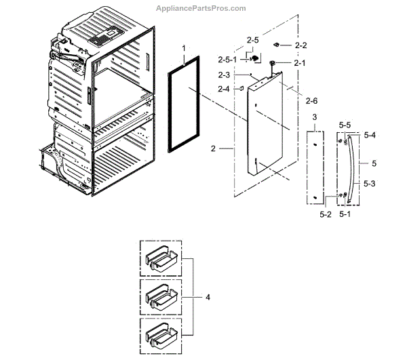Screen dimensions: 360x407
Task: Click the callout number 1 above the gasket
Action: (x=184, y=48)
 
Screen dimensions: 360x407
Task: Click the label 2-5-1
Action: (x=226, y=59)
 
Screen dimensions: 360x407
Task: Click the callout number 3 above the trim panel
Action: (x=314, y=117)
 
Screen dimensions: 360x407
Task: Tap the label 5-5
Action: (x=345, y=125)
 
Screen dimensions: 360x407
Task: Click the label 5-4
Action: (x=370, y=136)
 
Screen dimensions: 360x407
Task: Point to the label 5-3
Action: (x=370, y=183)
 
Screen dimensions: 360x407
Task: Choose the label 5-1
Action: (x=345, y=214)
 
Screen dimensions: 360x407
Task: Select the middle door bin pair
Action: (x=161, y=296)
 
